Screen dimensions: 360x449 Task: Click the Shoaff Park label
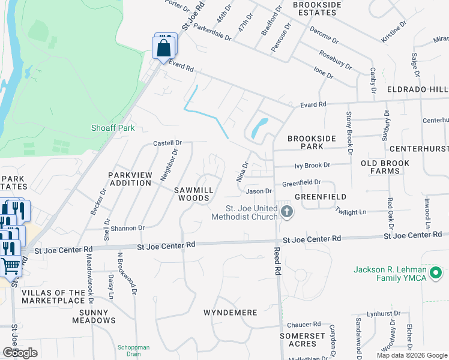[x=112, y=128]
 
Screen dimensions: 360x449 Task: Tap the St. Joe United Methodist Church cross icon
[x=287, y=211]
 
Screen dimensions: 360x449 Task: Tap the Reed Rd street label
[x=277, y=260]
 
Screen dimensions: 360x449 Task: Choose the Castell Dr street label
[x=167, y=143]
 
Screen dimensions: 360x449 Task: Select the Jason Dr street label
[x=259, y=191]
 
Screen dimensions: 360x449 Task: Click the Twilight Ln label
[x=351, y=212]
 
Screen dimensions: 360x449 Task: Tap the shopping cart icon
[x=10, y=265]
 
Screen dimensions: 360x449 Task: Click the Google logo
[x=20, y=352]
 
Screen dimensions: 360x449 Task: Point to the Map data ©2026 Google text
[x=411, y=355]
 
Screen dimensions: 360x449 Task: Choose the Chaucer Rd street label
[x=305, y=324]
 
